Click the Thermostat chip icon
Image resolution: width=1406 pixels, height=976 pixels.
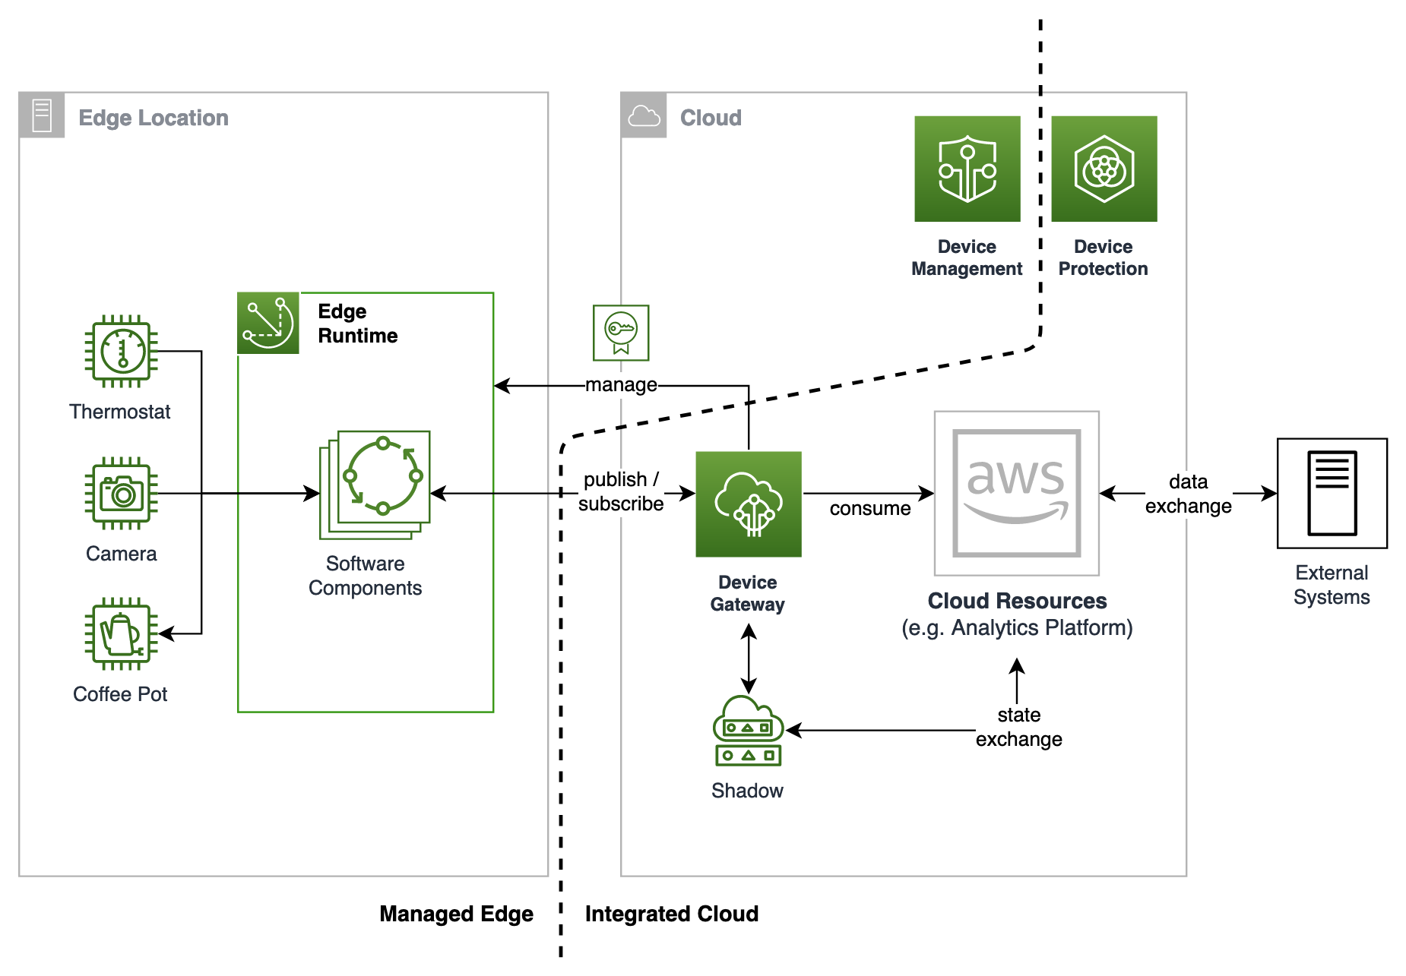[122, 352]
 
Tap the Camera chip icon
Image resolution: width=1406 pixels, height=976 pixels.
[122, 494]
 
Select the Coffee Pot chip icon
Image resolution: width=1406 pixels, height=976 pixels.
[122, 633]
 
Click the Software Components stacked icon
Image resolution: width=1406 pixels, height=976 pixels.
[375, 484]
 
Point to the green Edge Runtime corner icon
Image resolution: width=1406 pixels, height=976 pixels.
[268, 324]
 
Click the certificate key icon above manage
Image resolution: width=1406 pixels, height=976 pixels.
[621, 333]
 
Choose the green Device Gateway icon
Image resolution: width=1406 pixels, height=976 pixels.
[749, 504]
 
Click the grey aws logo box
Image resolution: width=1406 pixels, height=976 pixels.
[1017, 493]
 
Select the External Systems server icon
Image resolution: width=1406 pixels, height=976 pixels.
[1332, 493]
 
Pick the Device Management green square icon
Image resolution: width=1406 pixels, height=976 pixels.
[967, 169]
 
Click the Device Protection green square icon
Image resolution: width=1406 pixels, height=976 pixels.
[1104, 169]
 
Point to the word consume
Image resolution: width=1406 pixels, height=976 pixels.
[870, 508]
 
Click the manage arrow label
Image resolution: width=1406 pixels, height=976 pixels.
[621, 385]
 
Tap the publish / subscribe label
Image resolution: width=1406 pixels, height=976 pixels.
[621, 491]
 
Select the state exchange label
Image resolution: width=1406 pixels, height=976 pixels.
[1019, 727]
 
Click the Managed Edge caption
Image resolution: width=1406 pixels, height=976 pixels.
[456, 914]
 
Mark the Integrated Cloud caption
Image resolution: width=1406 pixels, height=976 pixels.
[672, 914]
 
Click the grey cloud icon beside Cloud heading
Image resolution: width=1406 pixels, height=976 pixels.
[644, 115]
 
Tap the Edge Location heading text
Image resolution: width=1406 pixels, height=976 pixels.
[154, 118]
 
